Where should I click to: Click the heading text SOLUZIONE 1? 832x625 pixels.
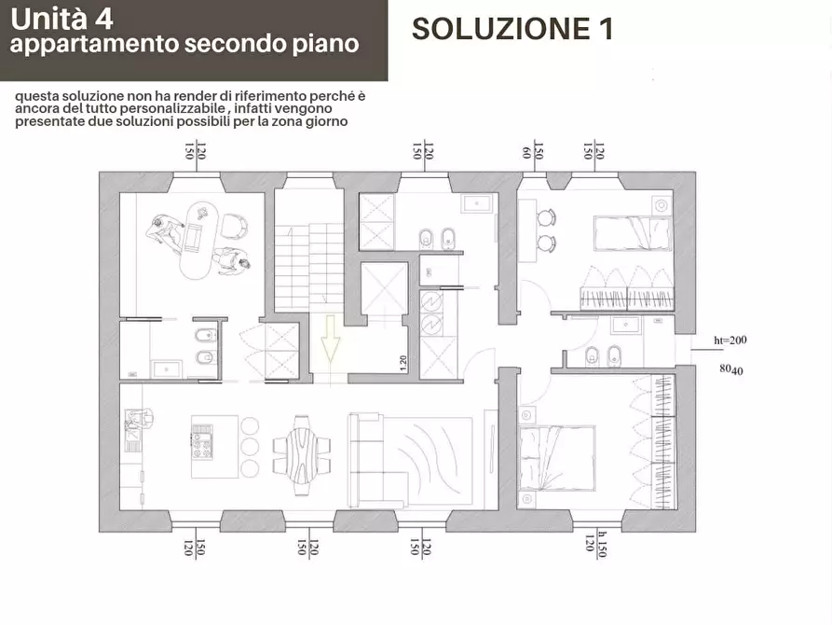[x=511, y=29]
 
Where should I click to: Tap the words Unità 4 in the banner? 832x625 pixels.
[x=61, y=18]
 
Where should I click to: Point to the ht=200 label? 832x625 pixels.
[x=730, y=340]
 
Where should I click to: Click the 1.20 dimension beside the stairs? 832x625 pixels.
[x=402, y=364]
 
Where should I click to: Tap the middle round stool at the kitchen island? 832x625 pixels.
[x=250, y=446]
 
